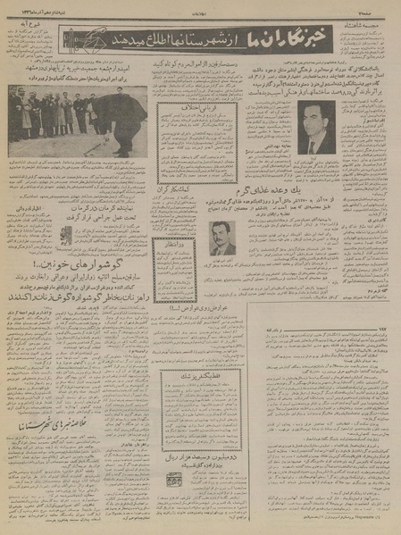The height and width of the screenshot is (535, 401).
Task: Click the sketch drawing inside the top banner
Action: (x=83, y=39)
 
